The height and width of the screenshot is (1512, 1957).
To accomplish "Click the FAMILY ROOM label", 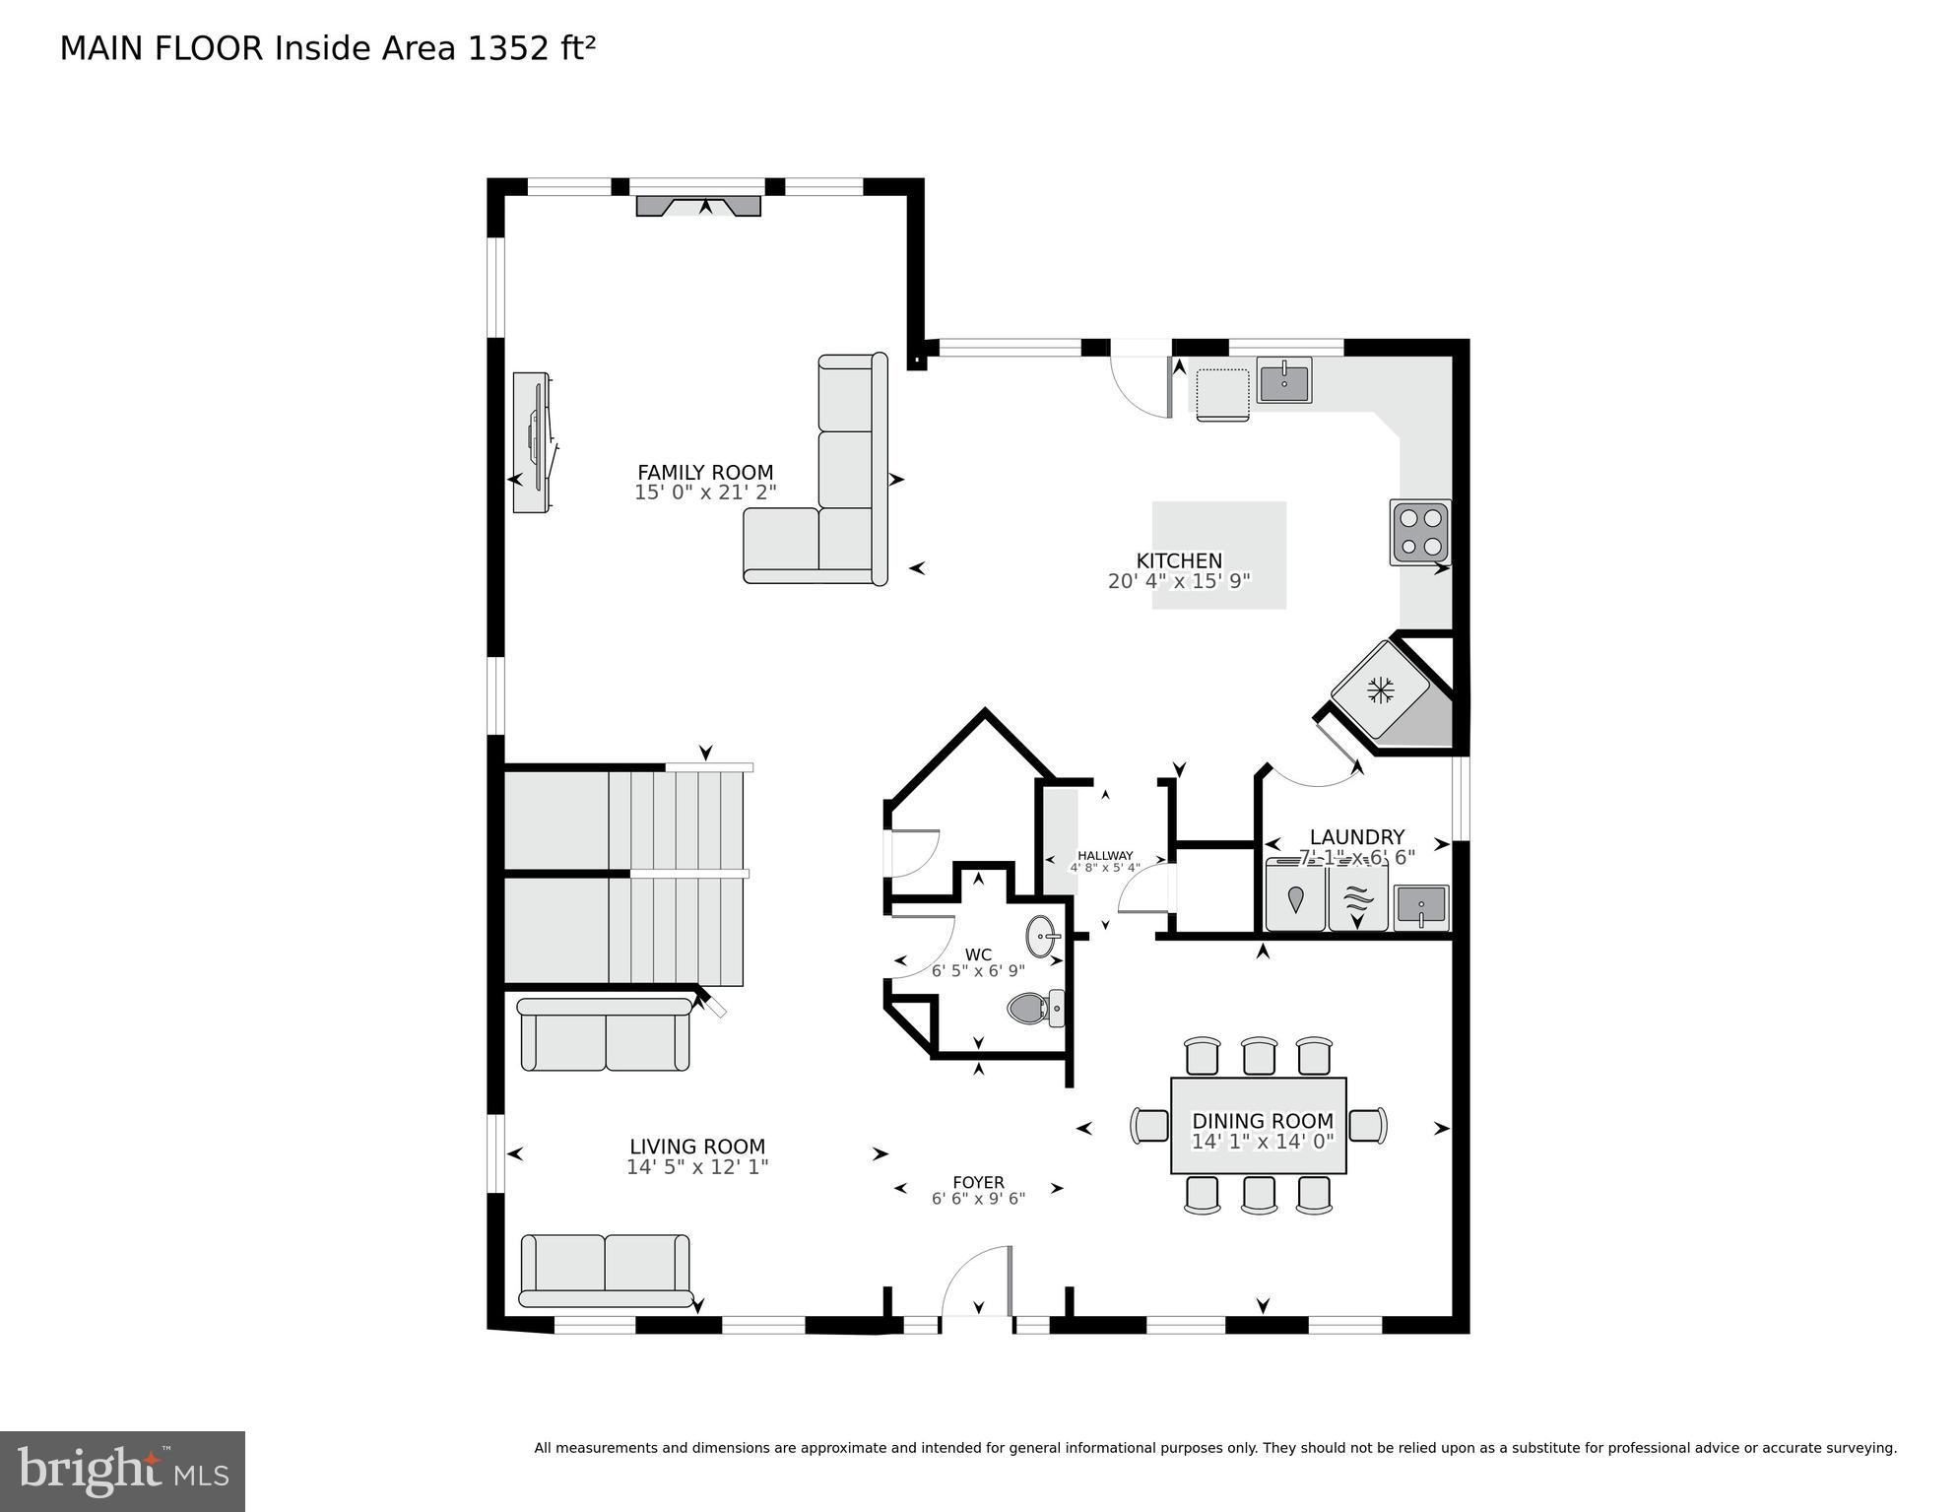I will coord(704,472).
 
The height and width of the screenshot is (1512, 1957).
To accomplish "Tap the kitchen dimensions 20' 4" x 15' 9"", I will coord(1178,581).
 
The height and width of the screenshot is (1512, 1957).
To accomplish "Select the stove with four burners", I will coord(1419,532).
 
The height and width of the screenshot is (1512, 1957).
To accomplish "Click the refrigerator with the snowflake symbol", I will coord(1381,690).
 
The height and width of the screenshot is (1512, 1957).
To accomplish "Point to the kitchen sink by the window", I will coord(1283,380).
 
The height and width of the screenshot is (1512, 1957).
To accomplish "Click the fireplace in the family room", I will coord(698,206).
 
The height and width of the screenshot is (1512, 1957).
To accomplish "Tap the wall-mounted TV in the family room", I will coord(533,442).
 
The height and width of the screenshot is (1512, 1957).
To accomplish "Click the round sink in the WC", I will coord(1042,936).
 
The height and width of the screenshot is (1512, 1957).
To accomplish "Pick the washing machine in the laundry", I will coord(1294,896).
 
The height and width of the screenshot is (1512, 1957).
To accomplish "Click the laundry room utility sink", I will coord(1420,905).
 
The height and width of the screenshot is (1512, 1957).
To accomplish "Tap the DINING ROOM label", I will coord(1262,1121).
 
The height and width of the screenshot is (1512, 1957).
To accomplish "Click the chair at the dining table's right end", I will coord(1367,1125).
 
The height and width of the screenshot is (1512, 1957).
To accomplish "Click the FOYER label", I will coord(978,1182).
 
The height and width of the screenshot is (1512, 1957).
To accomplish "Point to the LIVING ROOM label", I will coord(697,1147).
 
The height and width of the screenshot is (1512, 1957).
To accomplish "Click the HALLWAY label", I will coord(1105,855).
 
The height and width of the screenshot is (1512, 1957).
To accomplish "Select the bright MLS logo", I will coord(122,1471).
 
